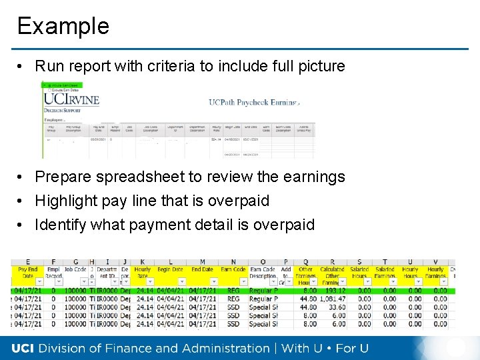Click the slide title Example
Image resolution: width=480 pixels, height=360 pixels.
pos(63,26)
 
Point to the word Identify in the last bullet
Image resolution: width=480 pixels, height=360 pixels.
pos(61,225)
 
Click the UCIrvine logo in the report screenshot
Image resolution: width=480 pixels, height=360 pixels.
pos(71,99)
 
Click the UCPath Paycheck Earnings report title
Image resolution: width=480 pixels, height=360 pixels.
pos(254,102)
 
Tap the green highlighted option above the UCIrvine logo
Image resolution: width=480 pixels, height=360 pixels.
pos(61,85)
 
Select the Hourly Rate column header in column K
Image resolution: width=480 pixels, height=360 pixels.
pos(143,272)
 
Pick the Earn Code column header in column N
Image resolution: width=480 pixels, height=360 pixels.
pos(233,269)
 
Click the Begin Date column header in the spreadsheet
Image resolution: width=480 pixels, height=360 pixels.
pos(171,269)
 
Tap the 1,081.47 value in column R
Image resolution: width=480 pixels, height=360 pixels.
pos(332,299)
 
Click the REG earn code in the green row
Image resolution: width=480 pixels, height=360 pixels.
pos(233,291)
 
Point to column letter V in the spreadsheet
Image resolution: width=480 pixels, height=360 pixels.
pos(435,261)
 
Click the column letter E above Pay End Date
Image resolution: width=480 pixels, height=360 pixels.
pos(27,261)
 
